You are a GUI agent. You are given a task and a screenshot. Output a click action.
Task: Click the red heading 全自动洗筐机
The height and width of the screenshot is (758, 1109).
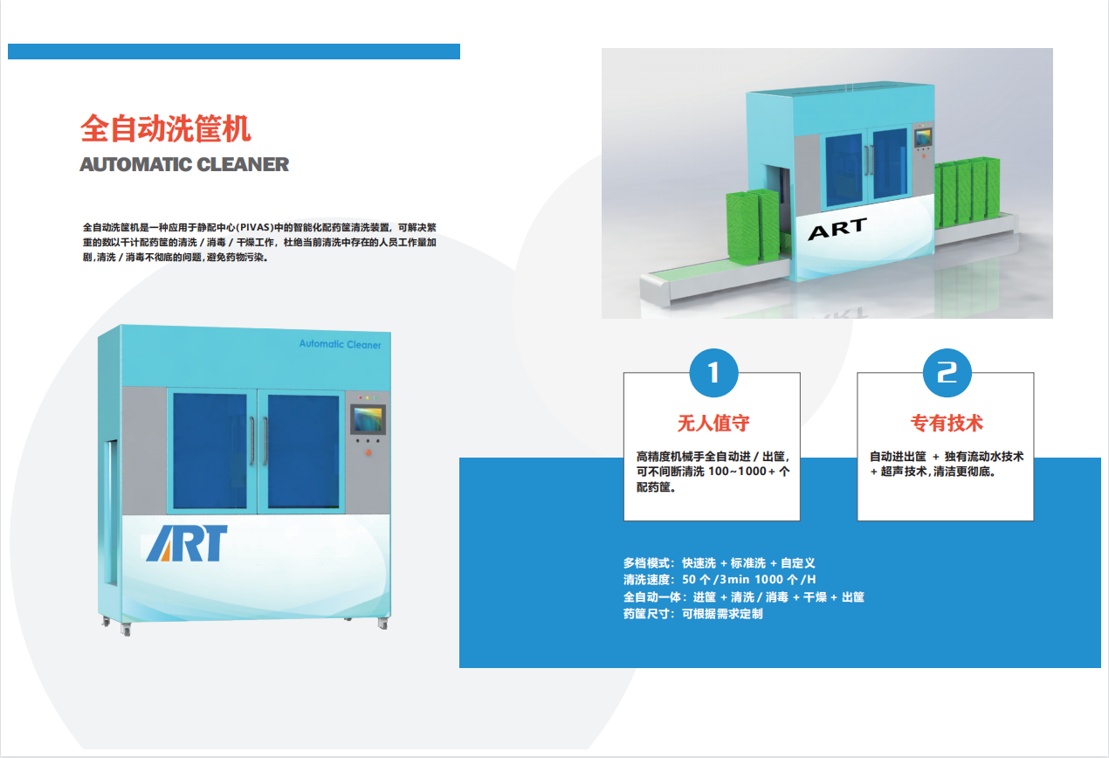point(165,128)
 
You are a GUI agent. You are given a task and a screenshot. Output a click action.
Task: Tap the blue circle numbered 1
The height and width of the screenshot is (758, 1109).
point(713,373)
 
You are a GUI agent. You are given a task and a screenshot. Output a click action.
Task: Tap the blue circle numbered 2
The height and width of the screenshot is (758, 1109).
point(947,373)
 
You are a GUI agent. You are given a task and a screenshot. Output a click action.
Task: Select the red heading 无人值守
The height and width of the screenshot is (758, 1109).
point(713,424)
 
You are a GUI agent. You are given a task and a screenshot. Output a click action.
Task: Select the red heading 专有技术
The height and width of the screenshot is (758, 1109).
point(947,424)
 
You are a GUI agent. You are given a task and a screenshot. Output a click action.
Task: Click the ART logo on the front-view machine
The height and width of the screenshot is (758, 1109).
point(187,543)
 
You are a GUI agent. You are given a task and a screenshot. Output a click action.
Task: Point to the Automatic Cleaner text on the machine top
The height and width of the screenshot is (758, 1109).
point(341,344)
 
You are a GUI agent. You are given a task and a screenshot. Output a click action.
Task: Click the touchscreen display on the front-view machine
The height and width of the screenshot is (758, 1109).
point(368,419)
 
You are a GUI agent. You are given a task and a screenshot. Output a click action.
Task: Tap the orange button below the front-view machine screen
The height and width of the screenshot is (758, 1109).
point(369,452)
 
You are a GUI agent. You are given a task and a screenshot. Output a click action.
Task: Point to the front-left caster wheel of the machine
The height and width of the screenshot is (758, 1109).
point(125,630)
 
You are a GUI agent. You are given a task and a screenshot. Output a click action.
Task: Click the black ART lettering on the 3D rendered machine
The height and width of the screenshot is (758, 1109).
point(837,228)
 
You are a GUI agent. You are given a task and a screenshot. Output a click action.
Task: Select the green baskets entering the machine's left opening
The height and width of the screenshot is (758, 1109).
point(753,225)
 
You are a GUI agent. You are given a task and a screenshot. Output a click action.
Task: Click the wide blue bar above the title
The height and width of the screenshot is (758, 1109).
point(234,52)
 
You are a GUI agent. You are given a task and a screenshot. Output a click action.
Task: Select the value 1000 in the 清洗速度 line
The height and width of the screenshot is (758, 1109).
point(768,579)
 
